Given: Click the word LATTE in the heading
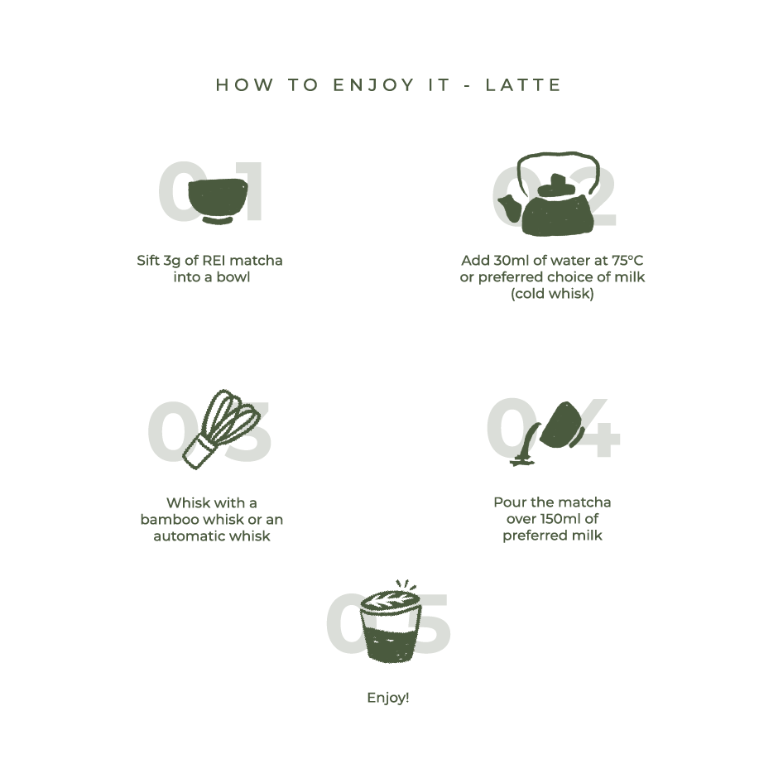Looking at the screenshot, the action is click(523, 85).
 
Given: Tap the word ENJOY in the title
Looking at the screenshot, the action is click(373, 85).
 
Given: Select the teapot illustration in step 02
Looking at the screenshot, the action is click(548, 194).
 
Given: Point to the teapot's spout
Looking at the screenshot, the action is click(508, 206).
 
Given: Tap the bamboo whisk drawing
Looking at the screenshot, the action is click(221, 429).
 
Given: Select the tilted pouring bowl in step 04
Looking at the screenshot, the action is click(560, 425).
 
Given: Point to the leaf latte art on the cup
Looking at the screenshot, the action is click(390, 600).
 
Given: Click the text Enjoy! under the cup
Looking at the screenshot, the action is click(388, 698).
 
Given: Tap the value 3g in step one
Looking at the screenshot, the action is click(172, 262).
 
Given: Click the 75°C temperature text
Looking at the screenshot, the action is click(627, 261).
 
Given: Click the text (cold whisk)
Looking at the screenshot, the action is click(552, 294).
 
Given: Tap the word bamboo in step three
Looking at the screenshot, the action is click(170, 519).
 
